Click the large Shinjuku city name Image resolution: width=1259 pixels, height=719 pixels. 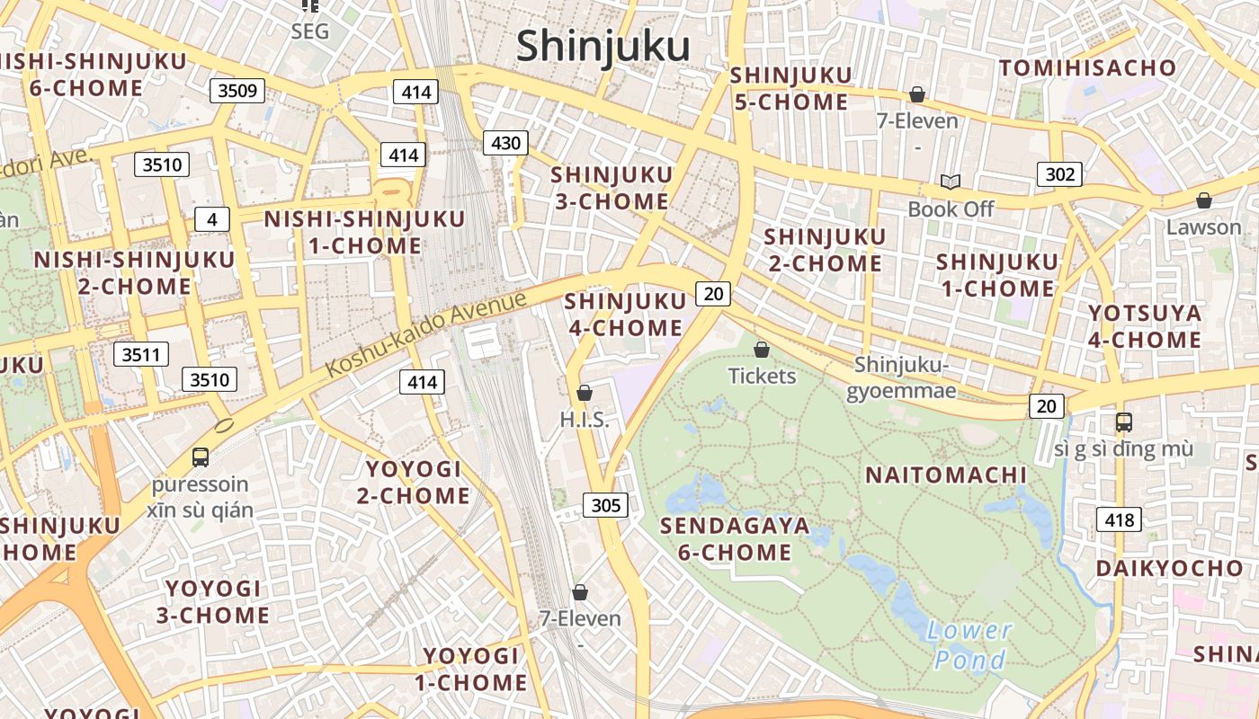[x=603, y=46]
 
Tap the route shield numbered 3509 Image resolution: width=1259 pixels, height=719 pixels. [x=237, y=90]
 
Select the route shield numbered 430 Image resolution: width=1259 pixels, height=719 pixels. [x=505, y=142]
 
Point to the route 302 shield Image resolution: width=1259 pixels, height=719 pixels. [x=1059, y=173]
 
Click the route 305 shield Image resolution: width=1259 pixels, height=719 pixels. [x=605, y=505]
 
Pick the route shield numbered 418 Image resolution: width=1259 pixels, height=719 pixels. [x=1119, y=519]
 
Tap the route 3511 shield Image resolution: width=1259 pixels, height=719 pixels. [x=141, y=354]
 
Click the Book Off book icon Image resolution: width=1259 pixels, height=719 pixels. [x=951, y=182]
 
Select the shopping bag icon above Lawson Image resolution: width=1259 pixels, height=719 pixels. [x=1203, y=200]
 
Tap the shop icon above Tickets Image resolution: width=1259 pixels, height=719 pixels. [x=762, y=350]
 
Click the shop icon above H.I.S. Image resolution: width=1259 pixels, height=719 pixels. [x=585, y=393]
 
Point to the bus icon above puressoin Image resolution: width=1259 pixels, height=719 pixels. [x=201, y=457]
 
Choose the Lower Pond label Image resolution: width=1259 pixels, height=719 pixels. [x=969, y=645]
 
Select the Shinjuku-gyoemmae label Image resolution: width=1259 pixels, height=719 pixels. [x=902, y=377]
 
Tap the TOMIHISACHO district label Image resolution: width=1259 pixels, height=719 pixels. [x=1087, y=68]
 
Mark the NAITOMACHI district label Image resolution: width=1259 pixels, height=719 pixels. [x=945, y=475]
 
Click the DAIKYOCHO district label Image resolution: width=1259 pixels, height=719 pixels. [x=1169, y=569]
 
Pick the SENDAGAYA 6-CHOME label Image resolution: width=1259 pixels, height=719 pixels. [x=735, y=538]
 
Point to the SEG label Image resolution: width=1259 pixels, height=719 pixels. [x=310, y=31]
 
